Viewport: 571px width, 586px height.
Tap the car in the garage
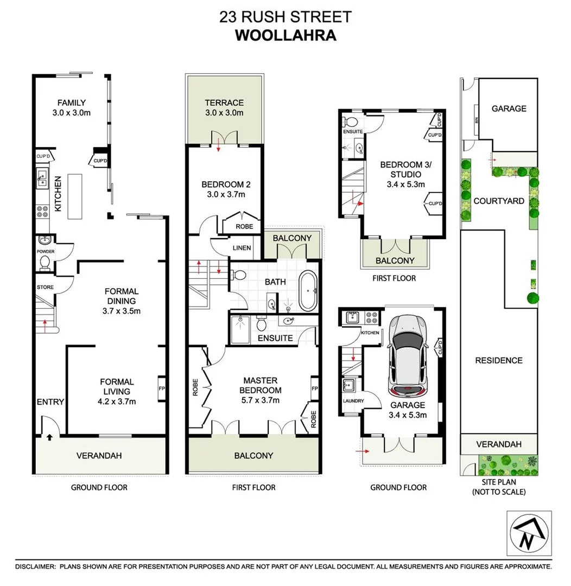tap(408, 355)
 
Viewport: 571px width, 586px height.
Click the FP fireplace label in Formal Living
tap(162, 389)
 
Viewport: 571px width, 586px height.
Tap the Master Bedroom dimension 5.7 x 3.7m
tap(262, 400)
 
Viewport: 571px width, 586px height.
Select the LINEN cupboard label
tap(242, 249)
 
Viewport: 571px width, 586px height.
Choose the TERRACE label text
tap(224, 103)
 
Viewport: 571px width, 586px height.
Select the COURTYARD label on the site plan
tap(498, 201)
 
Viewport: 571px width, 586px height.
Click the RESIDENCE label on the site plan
tap(498, 360)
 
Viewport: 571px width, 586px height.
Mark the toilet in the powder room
tap(45, 263)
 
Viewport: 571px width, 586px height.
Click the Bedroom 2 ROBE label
tap(242, 227)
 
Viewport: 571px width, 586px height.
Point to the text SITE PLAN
tap(498, 482)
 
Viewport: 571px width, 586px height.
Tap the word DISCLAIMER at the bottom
tap(35, 566)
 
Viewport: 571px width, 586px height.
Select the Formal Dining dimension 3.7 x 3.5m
tap(121, 311)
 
